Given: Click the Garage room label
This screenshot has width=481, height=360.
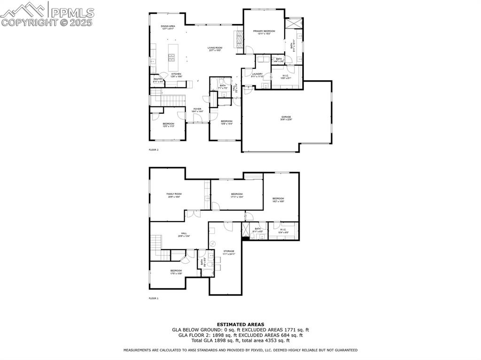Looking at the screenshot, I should (x=286, y=118).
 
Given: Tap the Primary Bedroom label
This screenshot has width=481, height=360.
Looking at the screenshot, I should (x=264, y=32).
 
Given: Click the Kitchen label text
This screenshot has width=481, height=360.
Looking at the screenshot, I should (x=176, y=74).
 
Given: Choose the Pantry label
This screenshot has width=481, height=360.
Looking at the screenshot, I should (x=158, y=80).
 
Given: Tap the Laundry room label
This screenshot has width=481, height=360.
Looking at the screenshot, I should (x=257, y=74).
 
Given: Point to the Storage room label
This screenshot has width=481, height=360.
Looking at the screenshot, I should (x=229, y=252).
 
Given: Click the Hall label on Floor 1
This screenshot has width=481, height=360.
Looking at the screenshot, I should (x=184, y=234).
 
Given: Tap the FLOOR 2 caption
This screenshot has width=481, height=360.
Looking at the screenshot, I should (x=154, y=150).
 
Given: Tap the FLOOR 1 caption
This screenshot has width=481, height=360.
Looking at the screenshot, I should (x=154, y=299).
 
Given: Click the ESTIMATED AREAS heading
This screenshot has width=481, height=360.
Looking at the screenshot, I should (x=240, y=324).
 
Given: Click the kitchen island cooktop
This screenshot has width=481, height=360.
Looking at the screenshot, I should (x=172, y=58).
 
